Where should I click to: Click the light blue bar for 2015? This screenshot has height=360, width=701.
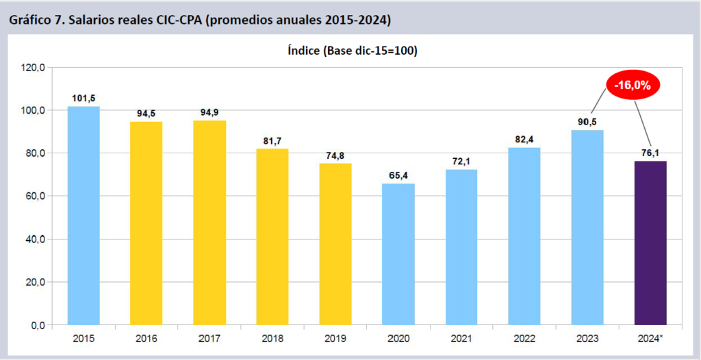tap(83, 215)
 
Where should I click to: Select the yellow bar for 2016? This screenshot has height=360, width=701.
tap(146, 222)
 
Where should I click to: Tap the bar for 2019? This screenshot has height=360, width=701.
tap(335, 244)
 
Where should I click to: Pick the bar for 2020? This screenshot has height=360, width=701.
tap(398, 254)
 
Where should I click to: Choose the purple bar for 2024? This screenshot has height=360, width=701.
tap(650, 242)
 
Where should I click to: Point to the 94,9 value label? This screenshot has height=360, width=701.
tap(209, 112)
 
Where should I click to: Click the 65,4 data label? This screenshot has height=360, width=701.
tap(398, 176)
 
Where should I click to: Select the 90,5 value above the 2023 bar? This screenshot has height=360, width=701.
tap(587, 122)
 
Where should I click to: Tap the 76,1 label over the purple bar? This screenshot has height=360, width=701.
tap(650, 153)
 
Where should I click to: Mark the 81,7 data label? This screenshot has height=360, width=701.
tap(272, 141)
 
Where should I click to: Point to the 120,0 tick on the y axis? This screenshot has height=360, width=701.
tap(33, 68)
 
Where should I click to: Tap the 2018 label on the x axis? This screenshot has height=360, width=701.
tap(272, 338)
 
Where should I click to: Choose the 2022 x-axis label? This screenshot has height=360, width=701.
tap(524, 338)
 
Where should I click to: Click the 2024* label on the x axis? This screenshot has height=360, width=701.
tap(651, 338)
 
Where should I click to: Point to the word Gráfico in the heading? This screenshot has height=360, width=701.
tap(29, 20)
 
